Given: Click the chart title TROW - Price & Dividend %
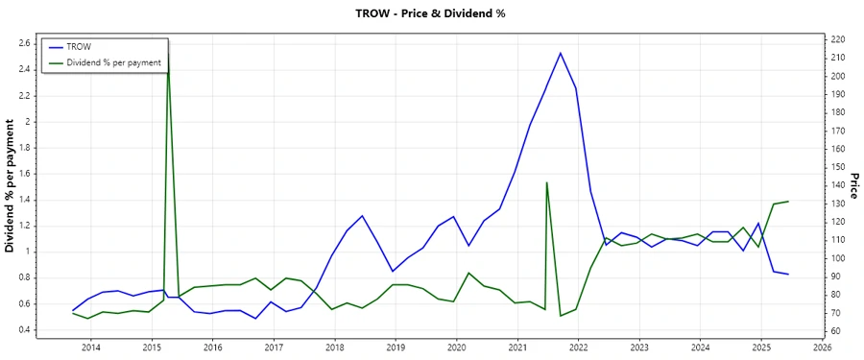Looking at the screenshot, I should [431, 13].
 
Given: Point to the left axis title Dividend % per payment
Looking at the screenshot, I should [11, 186].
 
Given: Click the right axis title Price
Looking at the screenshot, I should [853, 186].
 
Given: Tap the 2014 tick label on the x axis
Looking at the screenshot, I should [90, 348].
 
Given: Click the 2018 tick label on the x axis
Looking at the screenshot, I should [334, 348].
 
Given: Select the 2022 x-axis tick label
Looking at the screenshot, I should [578, 348].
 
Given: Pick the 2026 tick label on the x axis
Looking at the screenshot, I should [822, 348].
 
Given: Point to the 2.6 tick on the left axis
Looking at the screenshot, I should [26, 43].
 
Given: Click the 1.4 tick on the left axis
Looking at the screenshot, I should [26, 200].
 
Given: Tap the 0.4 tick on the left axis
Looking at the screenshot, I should [26, 330].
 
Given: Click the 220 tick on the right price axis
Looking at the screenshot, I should [837, 39].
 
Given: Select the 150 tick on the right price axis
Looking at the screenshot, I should [837, 167].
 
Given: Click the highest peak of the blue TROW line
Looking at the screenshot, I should [561, 53].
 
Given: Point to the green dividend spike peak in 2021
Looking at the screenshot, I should [546, 182].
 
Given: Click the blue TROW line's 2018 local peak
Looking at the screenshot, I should [362, 216].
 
